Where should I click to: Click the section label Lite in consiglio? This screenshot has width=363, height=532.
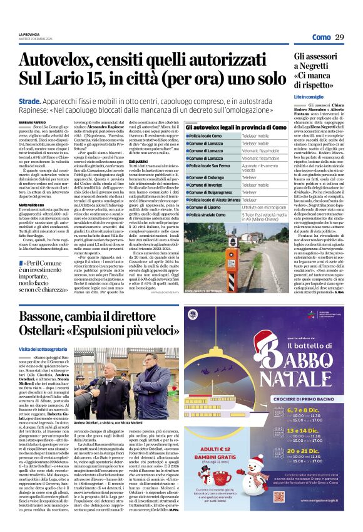tap(310, 97)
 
